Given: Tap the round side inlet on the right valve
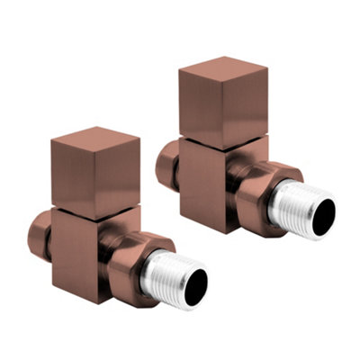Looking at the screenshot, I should click(166, 166).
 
